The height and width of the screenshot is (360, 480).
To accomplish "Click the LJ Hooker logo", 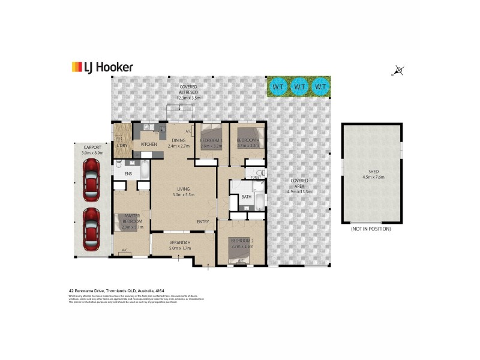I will (102, 67).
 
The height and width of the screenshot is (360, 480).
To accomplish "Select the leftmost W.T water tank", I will (277, 86).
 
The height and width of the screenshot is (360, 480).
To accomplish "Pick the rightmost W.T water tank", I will (321, 86).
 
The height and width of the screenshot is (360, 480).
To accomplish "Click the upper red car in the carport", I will (91, 182).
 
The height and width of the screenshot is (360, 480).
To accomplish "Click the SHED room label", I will (372, 174).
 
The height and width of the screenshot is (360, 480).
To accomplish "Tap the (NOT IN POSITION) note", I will (371, 229).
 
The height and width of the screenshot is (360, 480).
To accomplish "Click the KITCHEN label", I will (149, 145).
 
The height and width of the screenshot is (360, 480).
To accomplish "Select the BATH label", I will (246, 197).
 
